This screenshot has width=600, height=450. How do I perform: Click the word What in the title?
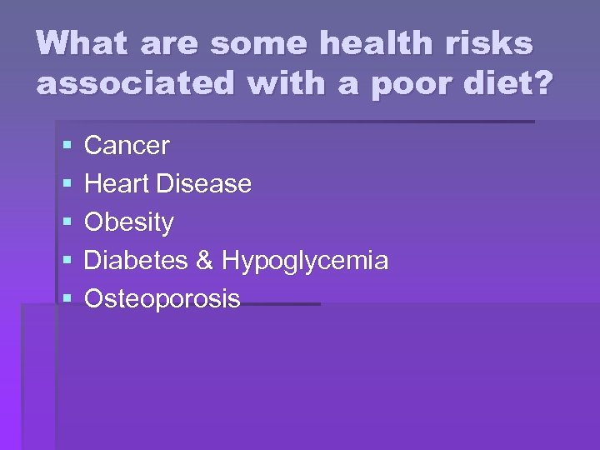tap(78, 42)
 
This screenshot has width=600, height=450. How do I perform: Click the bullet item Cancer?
tap(127, 146)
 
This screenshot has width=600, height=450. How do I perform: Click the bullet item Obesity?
tap(129, 222)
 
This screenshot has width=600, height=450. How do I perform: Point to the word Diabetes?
tap(137, 261)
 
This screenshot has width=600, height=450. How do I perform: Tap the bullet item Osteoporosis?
tap(162, 299)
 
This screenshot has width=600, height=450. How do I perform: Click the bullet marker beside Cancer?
tap(66, 147)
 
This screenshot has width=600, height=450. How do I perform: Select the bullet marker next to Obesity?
tap(66, 223)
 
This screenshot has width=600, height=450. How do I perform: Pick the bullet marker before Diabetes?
tap(66, 262)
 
